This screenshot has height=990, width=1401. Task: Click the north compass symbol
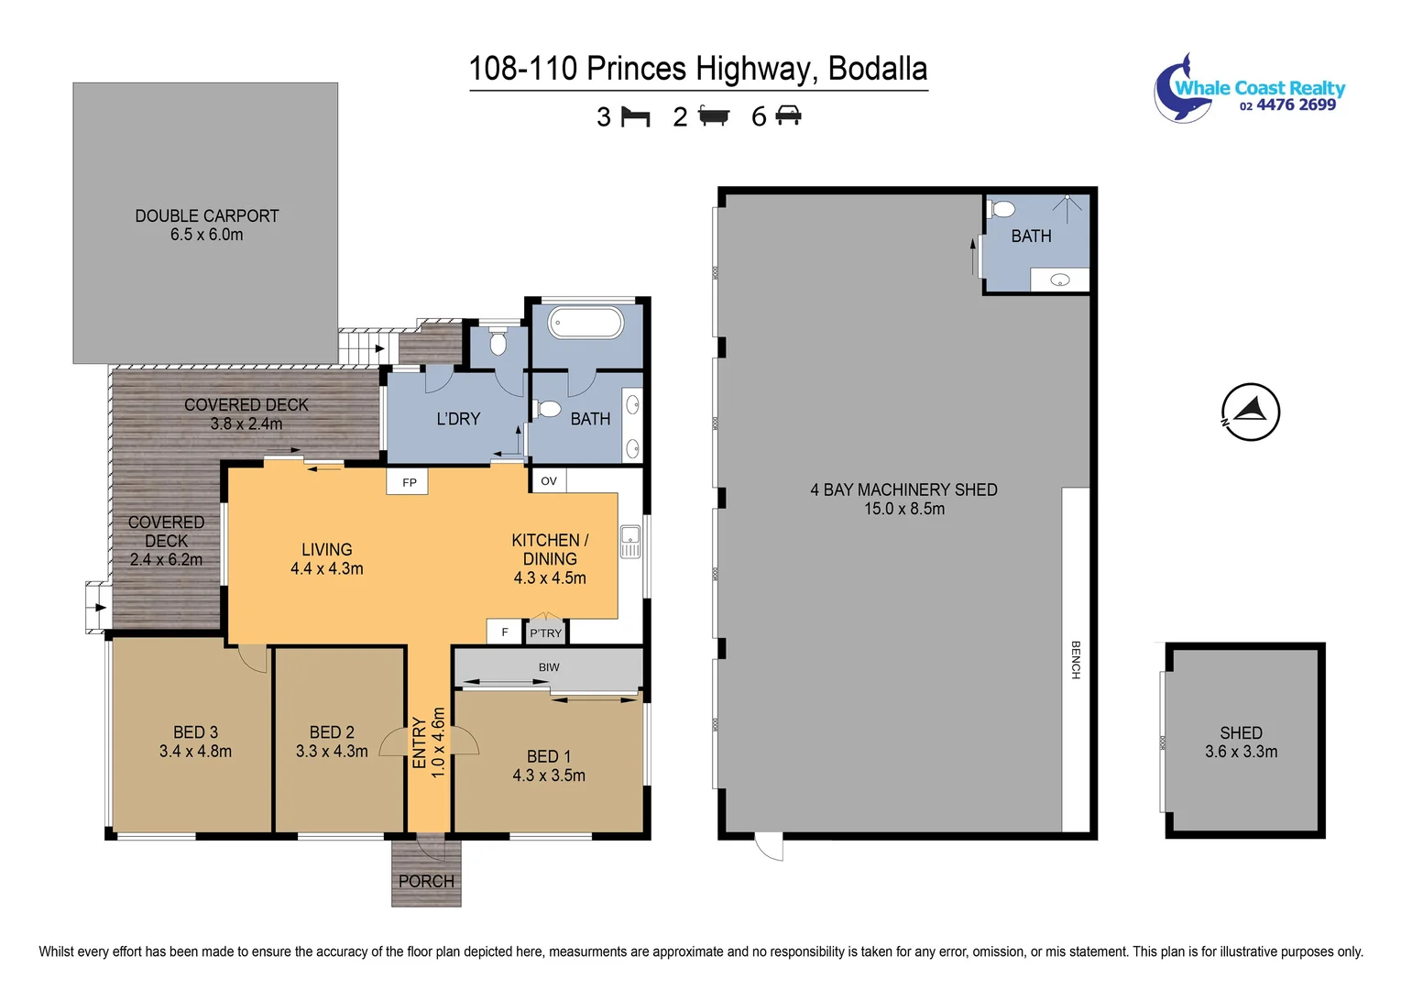click(x=1250, y=412)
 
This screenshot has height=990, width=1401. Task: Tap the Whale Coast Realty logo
click(x=1248, y=89)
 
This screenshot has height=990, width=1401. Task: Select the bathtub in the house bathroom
click(x=586, y=323)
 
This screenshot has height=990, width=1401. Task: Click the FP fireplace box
click(x=409, y=481)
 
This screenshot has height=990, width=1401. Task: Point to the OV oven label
click(x=549, y=480)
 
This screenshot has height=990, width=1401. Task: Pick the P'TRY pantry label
click(x=545, y=632)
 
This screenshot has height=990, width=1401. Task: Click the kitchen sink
click(x=629, y=541)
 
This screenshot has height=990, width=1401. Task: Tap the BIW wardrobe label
click(x=549, y=667)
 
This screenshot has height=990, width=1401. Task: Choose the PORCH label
click(x=426, y=881)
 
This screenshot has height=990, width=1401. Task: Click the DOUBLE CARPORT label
click(x=207, y=216)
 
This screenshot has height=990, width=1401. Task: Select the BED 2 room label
click(x=332, y=732)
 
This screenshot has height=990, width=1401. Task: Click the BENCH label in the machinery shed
click(x=1076, y=660)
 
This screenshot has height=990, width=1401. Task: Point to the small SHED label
click(x=1241, y=732)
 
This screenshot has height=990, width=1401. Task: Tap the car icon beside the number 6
click(x=788, y=116)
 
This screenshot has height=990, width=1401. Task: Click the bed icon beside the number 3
click(x=635, y=117)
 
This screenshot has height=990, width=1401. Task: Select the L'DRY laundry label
click(x=458, y=419)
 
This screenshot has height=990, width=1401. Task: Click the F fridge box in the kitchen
click(x=504, y=632)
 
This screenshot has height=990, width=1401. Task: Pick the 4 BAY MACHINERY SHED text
click(x=903, y=489)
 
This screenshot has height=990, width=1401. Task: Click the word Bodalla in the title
click(x=877, y=69)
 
